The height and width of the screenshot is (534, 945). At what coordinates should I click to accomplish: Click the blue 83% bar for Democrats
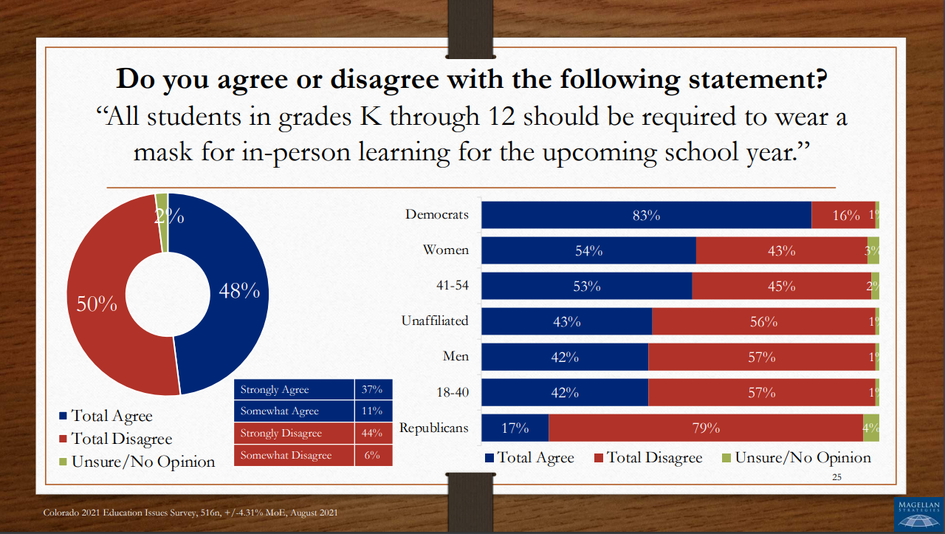tap(646, 216)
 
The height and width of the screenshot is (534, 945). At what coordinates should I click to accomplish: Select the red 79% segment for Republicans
tap(705, 428)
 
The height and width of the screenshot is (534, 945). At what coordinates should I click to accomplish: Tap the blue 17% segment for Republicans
tap(515, 428)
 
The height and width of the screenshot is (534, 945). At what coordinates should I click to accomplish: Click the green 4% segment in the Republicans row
tap(871, 428)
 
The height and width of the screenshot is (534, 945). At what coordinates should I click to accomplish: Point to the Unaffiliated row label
tap(435, 321)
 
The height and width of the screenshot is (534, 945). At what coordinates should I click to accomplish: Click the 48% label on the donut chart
tap(239, 291)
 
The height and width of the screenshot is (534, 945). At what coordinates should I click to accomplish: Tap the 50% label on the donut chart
tap(97, 304)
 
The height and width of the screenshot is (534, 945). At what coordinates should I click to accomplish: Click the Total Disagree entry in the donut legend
tap(121, 439)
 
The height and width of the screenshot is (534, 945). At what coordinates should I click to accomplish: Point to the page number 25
tap(836, 477)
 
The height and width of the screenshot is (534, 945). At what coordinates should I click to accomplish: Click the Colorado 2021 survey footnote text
tap(190, 513)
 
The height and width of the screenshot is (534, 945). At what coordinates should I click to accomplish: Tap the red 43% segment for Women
tap(781, 250)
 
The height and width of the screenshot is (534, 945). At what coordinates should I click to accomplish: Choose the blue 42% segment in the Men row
tap(564, 357)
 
